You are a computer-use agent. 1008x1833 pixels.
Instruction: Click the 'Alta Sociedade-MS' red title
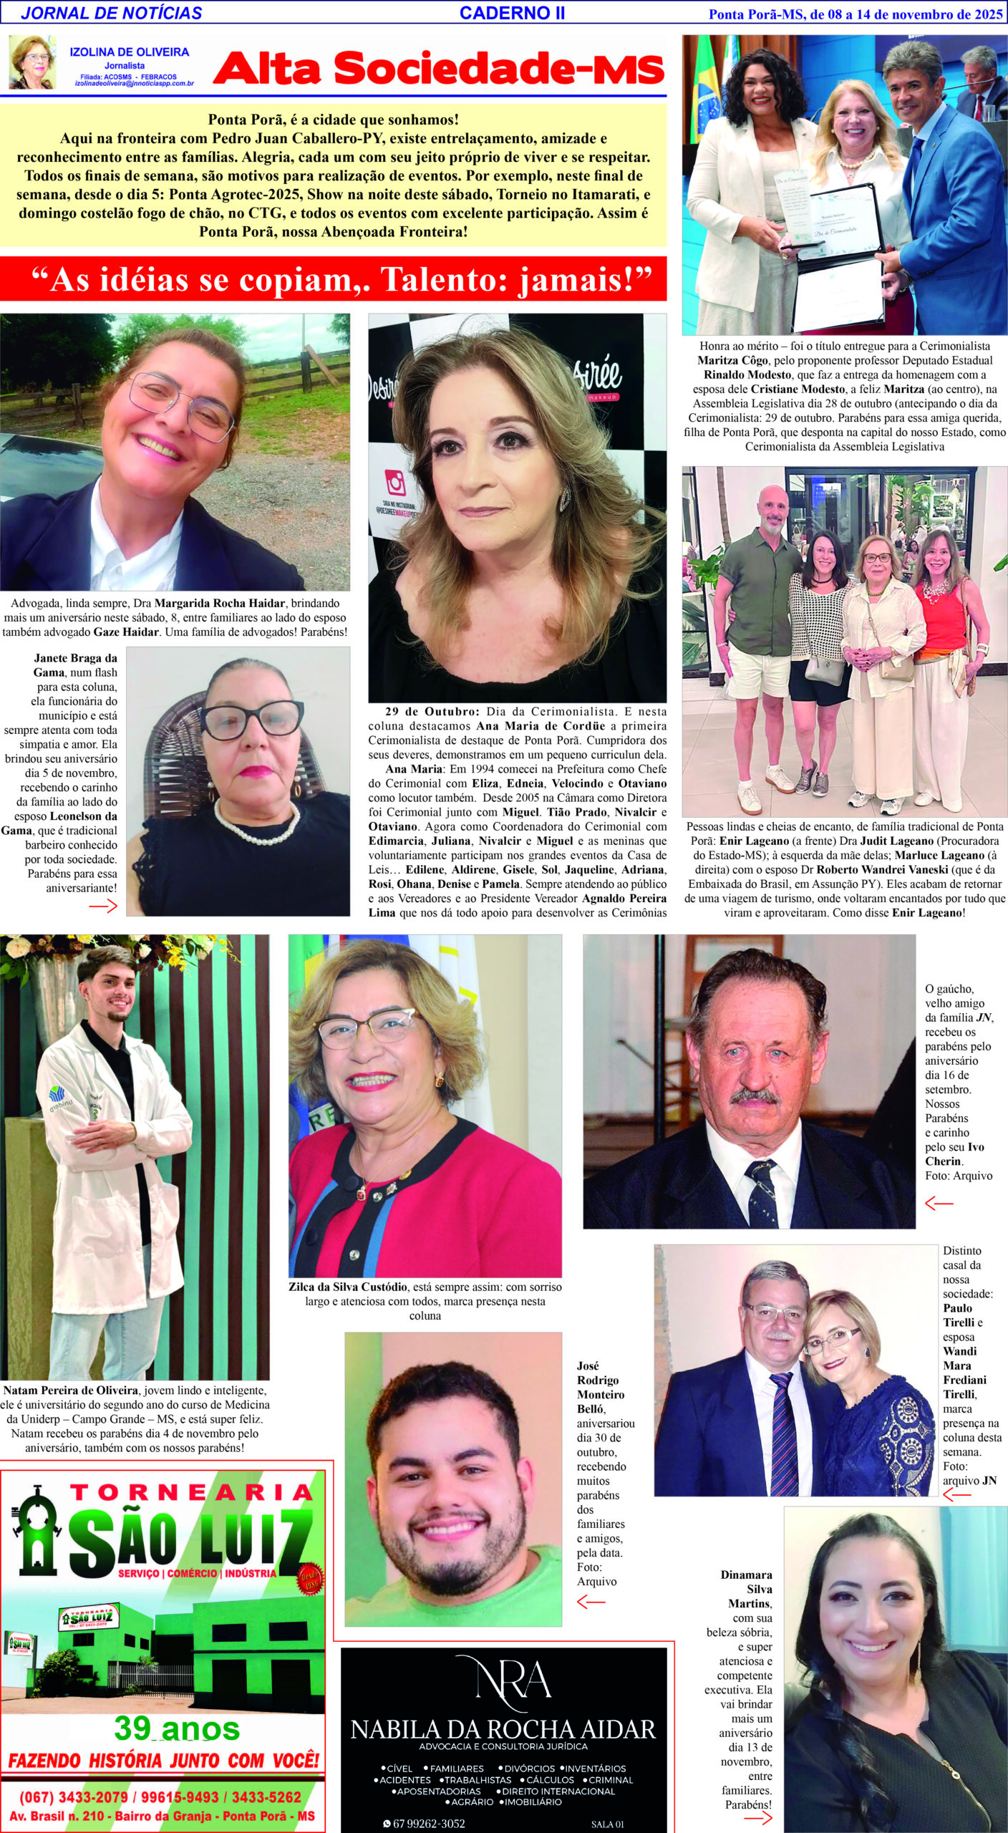tap(439, 69)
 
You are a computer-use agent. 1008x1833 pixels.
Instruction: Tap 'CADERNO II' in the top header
tap(512, 13)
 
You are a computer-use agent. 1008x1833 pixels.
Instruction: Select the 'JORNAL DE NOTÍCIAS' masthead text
tap(112, 13)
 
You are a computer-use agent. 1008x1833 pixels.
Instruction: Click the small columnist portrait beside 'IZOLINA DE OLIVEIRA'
tap(32, 62)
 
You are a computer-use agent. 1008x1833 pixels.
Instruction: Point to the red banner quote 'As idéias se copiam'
tap(333, 279)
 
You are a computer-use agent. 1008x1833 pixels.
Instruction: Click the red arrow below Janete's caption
tap(103, 906)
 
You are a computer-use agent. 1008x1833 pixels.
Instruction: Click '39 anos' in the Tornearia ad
tap(177, 1728)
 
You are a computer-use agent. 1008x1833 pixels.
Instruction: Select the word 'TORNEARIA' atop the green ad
tap(191, 1493)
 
